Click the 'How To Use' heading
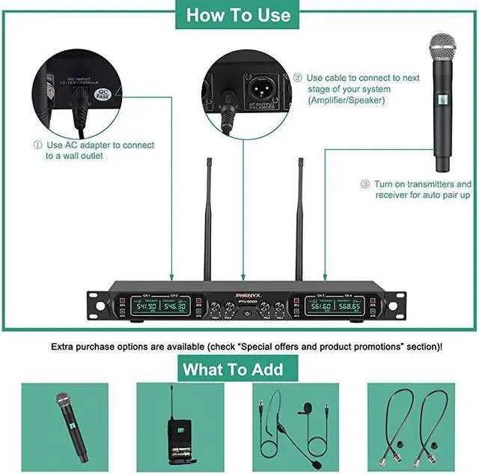[x=238, y=15]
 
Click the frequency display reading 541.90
[x=145, y=306]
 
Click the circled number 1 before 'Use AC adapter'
[x=37, y=145]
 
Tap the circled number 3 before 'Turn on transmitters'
[x=365, y=183]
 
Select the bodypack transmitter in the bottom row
[x=177, y=431]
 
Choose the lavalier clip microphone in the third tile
[x=305, y=410]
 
